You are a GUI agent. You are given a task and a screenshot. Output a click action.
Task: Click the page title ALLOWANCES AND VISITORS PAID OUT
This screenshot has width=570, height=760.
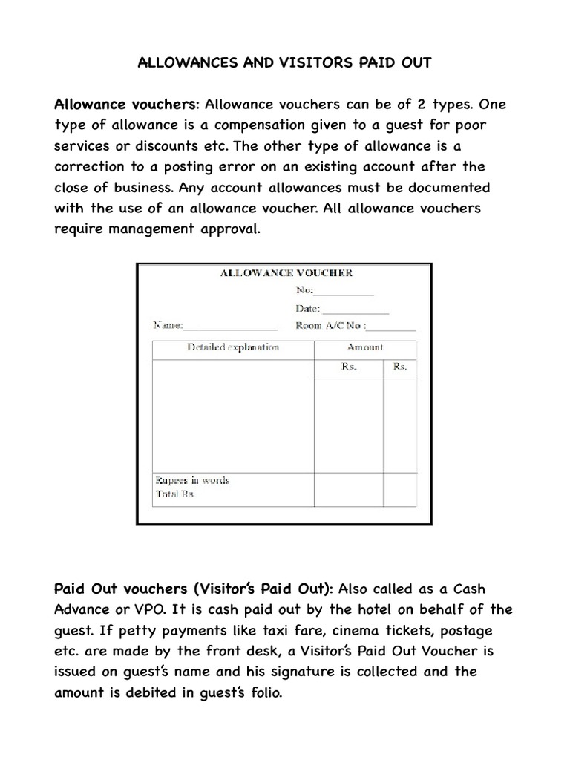284,63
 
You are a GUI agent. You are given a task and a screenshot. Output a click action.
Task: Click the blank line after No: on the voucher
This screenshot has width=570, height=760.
344,292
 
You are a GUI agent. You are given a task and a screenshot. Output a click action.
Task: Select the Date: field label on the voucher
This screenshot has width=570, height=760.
307,309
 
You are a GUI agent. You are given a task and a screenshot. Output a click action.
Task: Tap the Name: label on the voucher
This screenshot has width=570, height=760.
167,325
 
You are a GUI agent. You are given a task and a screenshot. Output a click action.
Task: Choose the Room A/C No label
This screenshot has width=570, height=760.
329,326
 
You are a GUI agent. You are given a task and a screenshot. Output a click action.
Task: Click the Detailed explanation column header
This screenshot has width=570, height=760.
233,347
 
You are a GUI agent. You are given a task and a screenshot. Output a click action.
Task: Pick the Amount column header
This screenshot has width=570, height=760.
365,347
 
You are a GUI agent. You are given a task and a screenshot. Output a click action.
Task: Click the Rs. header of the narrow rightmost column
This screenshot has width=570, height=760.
400,367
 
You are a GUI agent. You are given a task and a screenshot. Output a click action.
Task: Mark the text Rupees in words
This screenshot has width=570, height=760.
192,480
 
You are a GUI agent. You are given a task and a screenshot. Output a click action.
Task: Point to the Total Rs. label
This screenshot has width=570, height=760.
176,494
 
